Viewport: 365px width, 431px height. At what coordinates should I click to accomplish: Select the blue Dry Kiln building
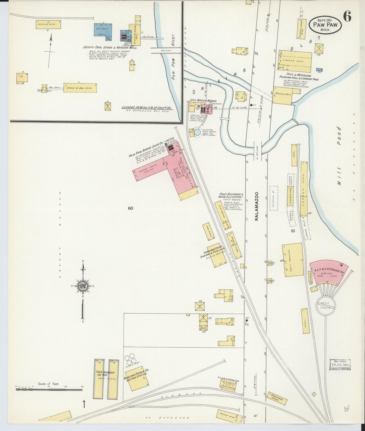click(103, 30)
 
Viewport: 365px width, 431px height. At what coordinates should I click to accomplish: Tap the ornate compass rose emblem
click(83, 286)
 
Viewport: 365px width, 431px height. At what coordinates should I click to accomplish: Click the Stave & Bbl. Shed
click(80, 88)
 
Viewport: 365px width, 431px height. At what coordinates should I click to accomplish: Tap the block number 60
click(130, 208)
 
